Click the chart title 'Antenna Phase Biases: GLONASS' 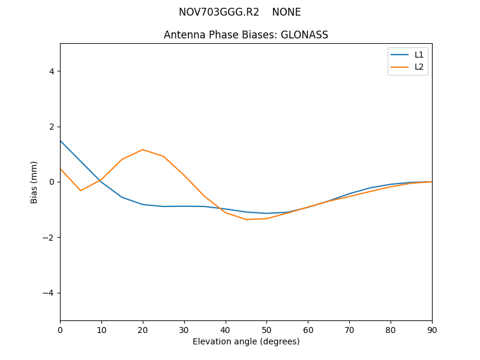pyautogui.click(x=246, y=35)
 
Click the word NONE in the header pyautogui.click(x=286, y=12)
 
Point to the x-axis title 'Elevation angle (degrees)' pyautogui.click(x=246, y=341)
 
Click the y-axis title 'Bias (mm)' pyautogui.click(x=34, y=182)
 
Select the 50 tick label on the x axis pyautogui.click(x=266, y=329)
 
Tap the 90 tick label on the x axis pyautogui.click(x=432, y=329)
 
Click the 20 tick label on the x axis pyautogui.click(x=143, y=329)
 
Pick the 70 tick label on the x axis pyautogui.click(x=349, y=329)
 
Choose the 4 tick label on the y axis pyautogui.click(x=51, y=71)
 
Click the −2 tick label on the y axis pyautogui.click(x=49, y=238)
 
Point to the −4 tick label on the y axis pyautogui.click(x=49, y=293)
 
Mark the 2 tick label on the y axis pyautogui.click(x=51, y=127)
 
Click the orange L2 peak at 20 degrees pyautogui.click(x=143, y=149)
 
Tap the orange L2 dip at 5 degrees pyautogui.click(x=80, y=191)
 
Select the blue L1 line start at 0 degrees pyautogui.click(x=61, y=141)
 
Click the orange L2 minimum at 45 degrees pyautogui.click(x=246, y=220)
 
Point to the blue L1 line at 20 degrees pyautogui.click(x=143, y=205)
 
